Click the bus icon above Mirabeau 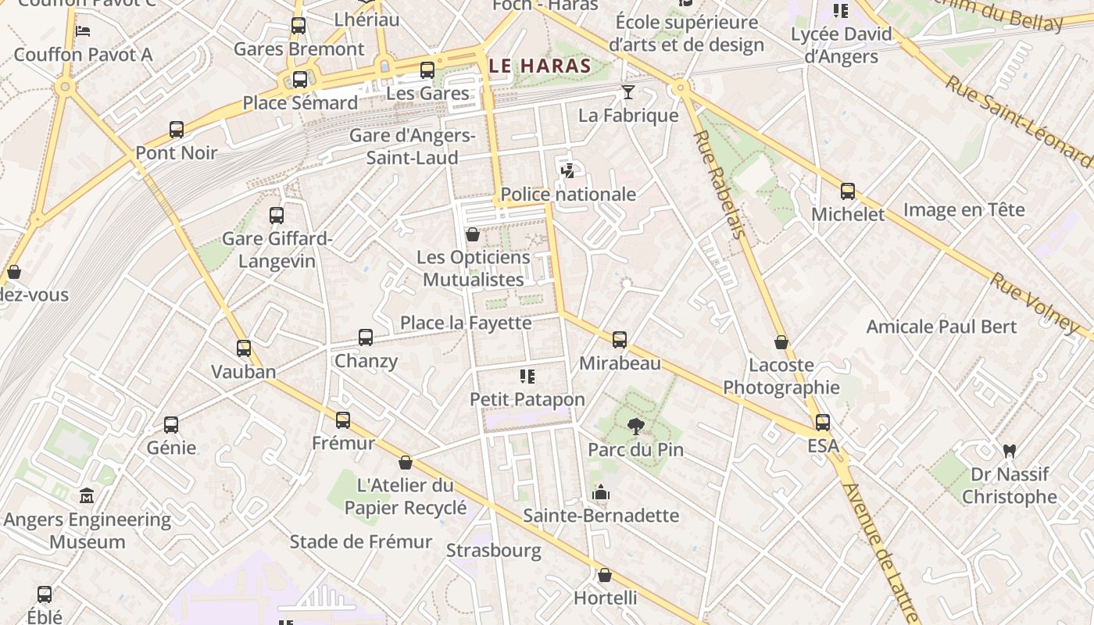click(x=620, y=340)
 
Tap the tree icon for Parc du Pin click(x=636, y=427)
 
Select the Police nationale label click(x=568, y=194)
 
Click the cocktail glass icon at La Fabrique click(x=627, y=93)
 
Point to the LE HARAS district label click(x=539, y=66)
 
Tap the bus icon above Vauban click(x=244, y=348)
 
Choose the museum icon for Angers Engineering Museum click(x=87, y=496)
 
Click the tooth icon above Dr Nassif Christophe click(x=1009, y=451)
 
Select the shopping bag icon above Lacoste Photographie click(x=781, y=342)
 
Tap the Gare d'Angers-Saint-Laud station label click(x=412, y=146)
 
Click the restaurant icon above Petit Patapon click(x=527, y=377)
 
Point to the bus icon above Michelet click(x=848, y=191)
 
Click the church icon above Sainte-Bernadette click(x=601, y=492)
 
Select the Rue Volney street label click(x=1035, y=302)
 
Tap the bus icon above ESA click(x=823, y=423)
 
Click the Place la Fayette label click(x=466, y=323)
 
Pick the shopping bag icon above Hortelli click(x=605, y=576)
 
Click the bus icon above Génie click(x=171, y=425)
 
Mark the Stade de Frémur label click(x=360, y=541)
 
